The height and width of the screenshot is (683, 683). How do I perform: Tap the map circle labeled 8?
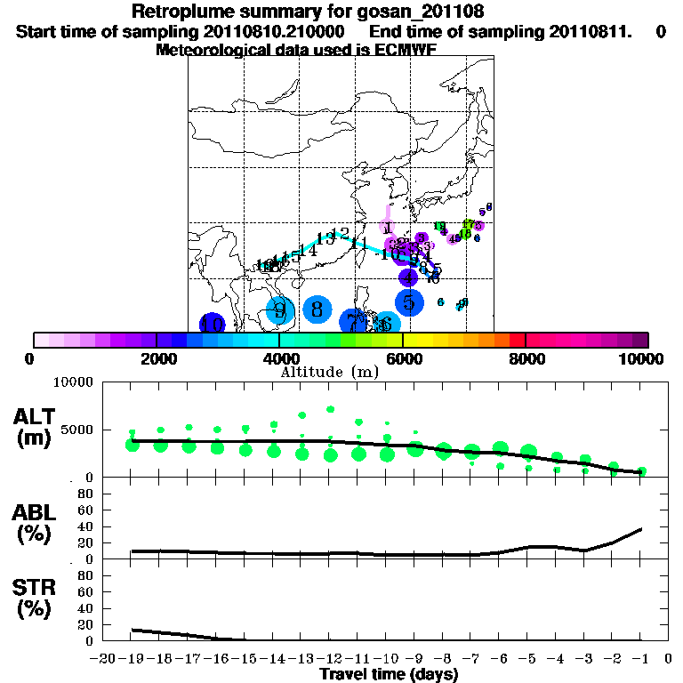[x=317, y=309]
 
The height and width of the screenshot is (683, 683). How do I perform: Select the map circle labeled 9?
[x=280, y=310]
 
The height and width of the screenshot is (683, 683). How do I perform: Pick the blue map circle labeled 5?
[x=408, y=302]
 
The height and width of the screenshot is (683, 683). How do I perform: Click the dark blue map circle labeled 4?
[x=407, y=277]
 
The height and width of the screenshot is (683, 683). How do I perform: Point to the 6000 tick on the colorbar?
[x=403, y=358]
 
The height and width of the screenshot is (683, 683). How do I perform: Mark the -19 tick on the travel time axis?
[x=133, y=659]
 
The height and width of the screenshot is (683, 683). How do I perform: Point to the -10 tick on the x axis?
[x=387, y=659]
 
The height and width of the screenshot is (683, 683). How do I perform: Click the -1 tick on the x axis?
[x=641, y=659]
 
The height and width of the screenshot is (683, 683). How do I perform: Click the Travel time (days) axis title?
[x=389, y=674]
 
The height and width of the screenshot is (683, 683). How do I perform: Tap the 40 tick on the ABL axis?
[x=87, y=526]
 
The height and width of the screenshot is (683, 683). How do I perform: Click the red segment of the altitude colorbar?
[x=518, y=340]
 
